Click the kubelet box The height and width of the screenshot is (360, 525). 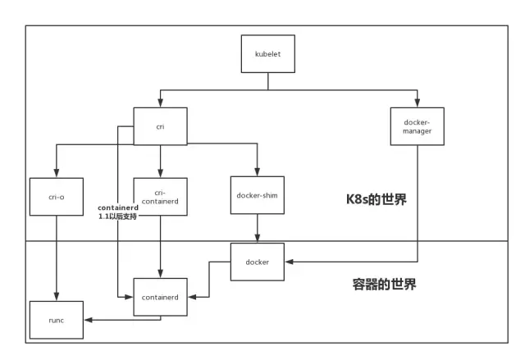(x=267, y=54)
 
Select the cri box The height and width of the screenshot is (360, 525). (x=160, y=126)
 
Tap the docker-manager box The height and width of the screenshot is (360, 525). (x=417, y=126)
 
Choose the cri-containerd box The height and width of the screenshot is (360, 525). (x=160, y=198)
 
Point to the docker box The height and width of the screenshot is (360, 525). (x=258, y=262)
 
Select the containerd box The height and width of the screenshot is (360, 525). (x=160, y=297)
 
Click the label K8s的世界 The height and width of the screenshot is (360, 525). (x=377, y=199)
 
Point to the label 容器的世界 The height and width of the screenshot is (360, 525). (x=378, y=285)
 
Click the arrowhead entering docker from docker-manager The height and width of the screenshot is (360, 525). (x=288, y=262)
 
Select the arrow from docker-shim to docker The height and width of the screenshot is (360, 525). (x=258, y=228)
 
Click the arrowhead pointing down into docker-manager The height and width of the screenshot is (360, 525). (x=417, y=104)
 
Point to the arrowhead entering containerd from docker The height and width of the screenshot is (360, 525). (x=190, y=297)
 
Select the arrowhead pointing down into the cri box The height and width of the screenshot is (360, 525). (x=160, y=104)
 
